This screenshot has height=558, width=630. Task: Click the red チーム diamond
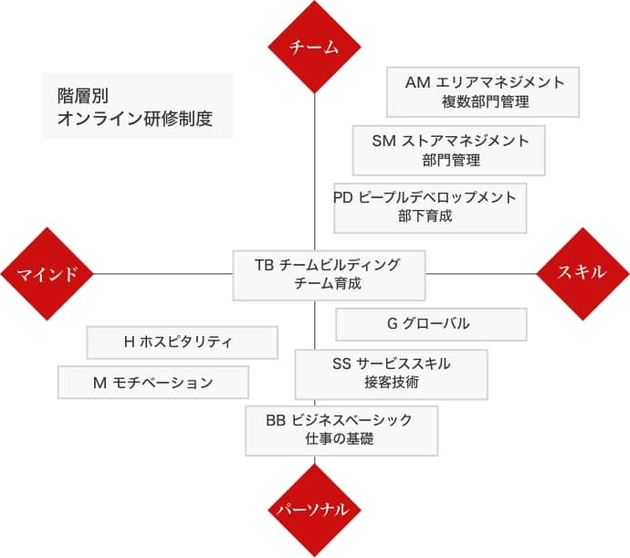(x=315, y=48)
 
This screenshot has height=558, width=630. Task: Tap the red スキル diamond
(x=583, y=273)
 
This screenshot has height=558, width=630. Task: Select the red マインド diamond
(x=47, y=273)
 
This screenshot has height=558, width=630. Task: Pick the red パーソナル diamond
(x=315, y=510)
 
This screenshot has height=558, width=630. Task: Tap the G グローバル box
(x=430, y=323)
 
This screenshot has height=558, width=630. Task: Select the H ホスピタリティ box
(x=182, y=342)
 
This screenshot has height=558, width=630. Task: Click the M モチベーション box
(x=152, y=383)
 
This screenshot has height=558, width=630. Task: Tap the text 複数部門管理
(x=484, y=102)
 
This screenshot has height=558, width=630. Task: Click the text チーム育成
(x=328, y=284)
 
